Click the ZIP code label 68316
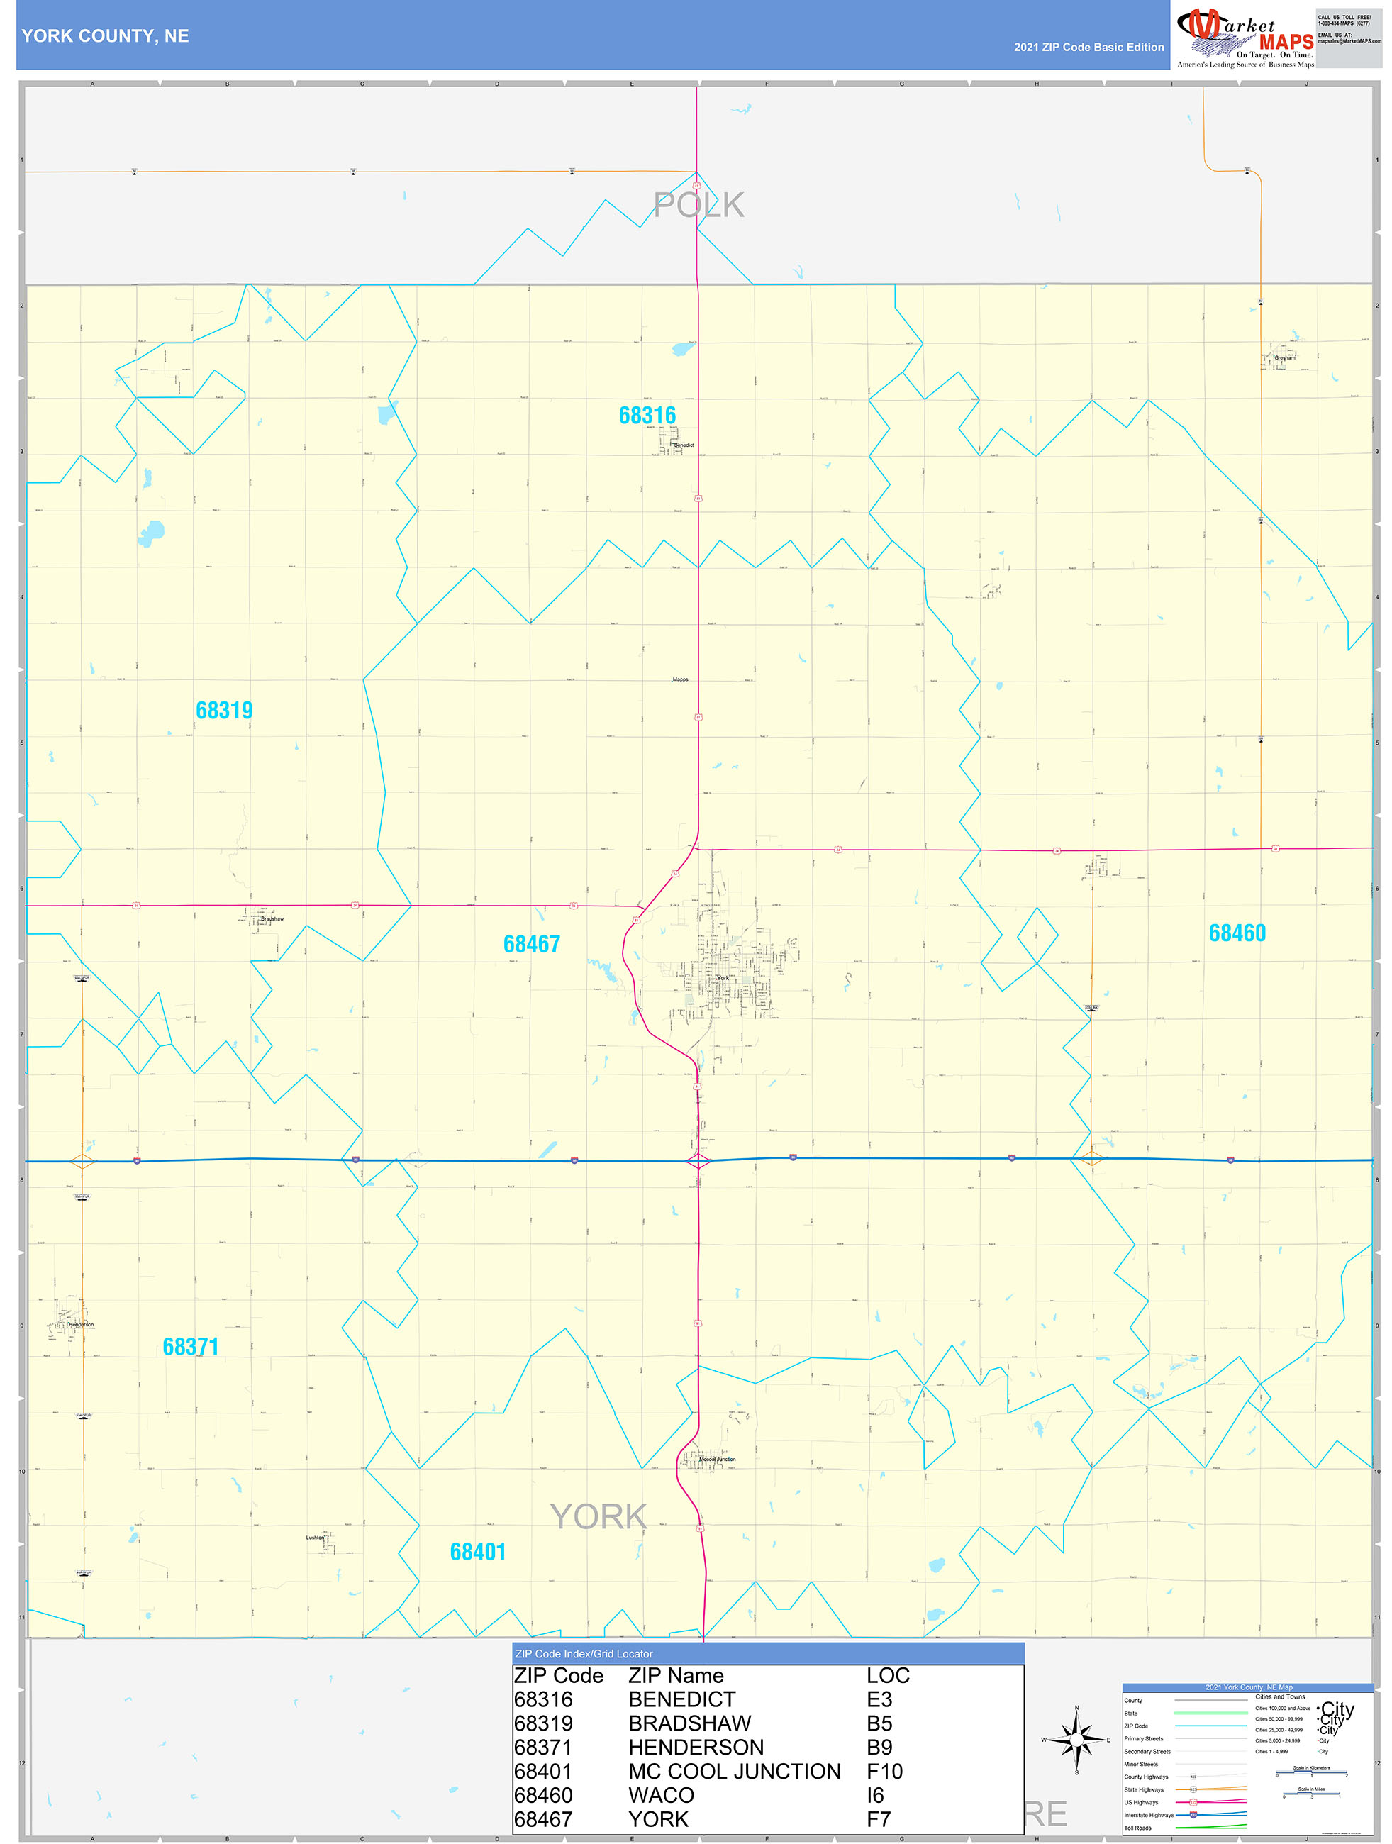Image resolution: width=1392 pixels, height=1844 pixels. (x=647, y=415)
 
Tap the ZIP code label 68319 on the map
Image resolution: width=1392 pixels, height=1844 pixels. (x=224, y=710)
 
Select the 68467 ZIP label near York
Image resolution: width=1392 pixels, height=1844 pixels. (x=532, y=945)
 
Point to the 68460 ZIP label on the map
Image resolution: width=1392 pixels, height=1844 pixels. (x=1237, y=933)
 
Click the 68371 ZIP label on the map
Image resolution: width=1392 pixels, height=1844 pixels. (x=191, y=1346)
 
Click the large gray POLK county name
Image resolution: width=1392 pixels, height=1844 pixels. (x=698, y=205)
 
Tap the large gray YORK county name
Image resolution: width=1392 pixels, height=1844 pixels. (x=598, y=1516)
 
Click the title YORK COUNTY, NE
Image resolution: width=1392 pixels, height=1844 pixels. (x=105, y=36)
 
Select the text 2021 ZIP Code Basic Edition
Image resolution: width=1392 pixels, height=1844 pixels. (x=1088, y=48)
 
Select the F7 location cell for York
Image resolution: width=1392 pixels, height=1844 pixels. (x=879, y=1819)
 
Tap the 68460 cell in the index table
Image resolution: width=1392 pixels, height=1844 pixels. (x=543, y=1795)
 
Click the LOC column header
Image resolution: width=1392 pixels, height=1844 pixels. (x=888, y=1676)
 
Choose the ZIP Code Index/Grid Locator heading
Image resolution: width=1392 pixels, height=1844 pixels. (x=584, y=1654)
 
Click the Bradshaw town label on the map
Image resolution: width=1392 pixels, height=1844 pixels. (x=272, y=918)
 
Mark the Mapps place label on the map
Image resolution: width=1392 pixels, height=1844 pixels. (x=680, y=679)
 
